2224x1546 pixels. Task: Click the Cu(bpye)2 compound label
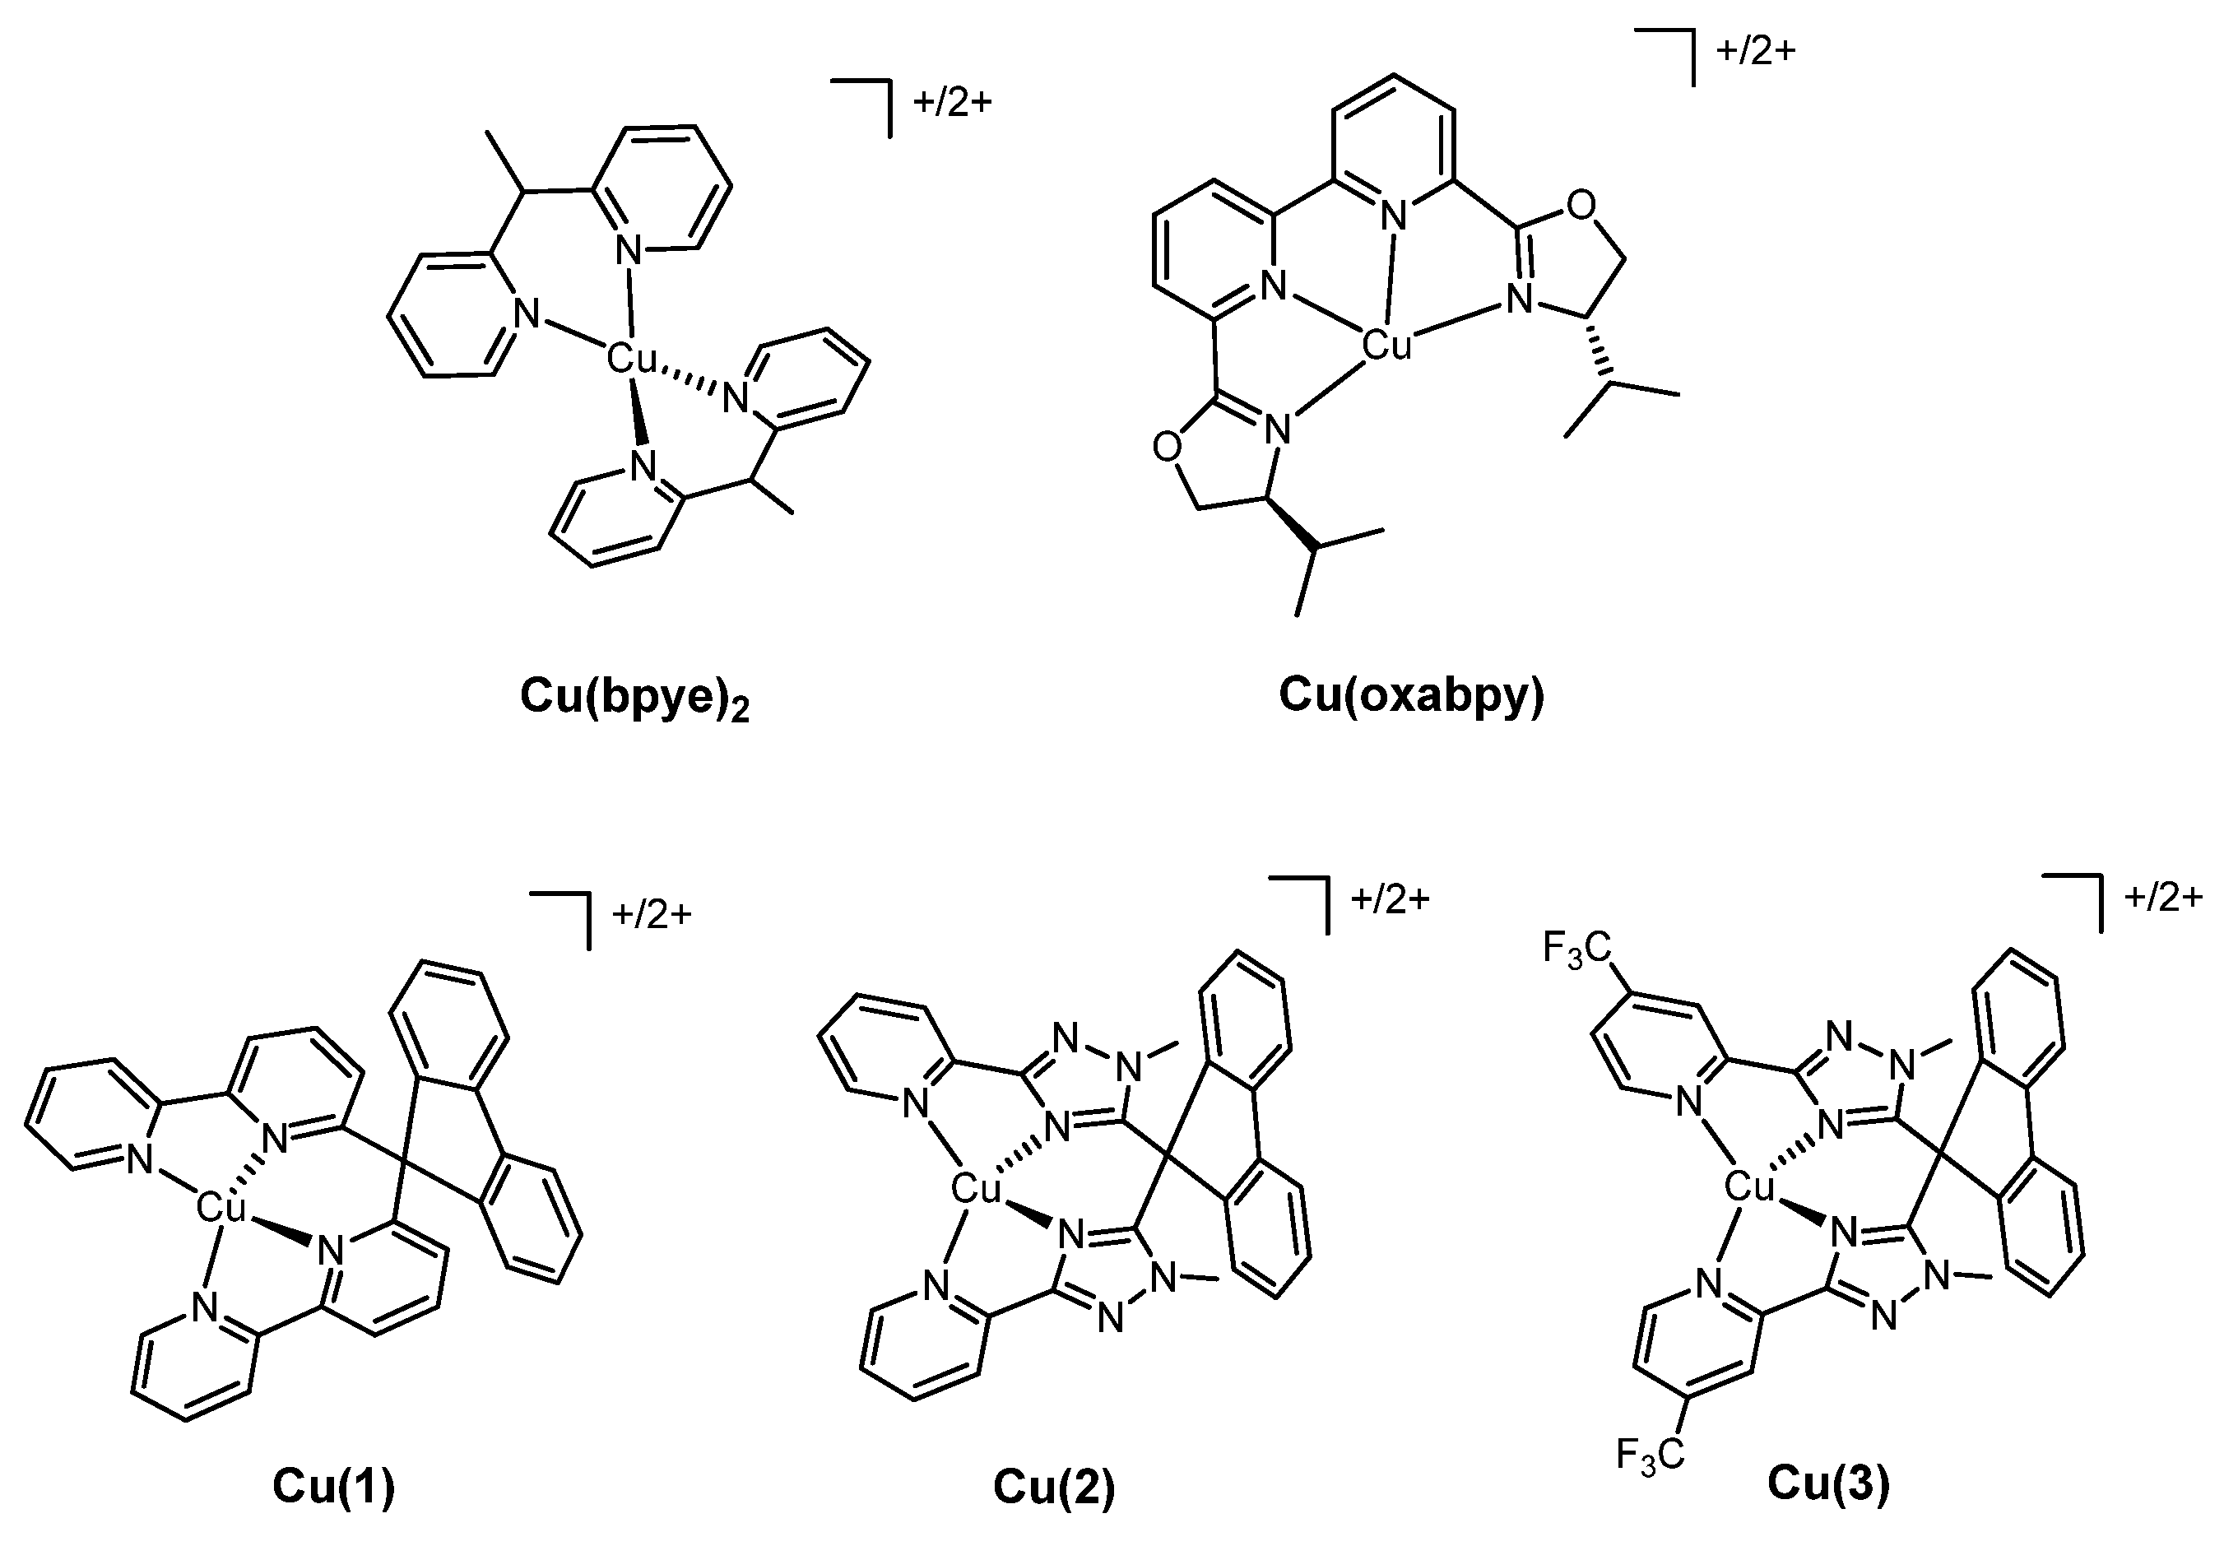(x=634, y=698)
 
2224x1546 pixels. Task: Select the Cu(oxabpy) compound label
(x=1411, y=695)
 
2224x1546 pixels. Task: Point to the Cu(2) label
(x=1054, y=1486)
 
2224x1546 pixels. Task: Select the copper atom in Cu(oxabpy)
(x=1386, y=345)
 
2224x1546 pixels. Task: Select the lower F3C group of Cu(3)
(x=1651, y=1482)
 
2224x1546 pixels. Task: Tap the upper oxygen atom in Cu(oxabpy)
(x=1581, y=206)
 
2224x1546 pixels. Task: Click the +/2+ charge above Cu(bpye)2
(x=953, y=103)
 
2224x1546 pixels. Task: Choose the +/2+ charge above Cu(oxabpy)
(x=1755, y=50)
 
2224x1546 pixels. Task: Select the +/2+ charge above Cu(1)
(x=652, y=914)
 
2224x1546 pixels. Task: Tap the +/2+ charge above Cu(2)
(x=1390, y=899)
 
